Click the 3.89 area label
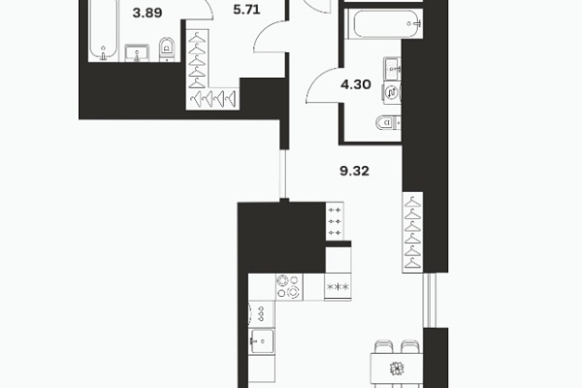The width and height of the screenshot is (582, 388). (x=147, y=13)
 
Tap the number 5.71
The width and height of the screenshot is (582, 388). (x=246, y=10)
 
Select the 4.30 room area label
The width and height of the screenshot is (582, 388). (x=356, y=84)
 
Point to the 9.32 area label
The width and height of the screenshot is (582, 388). (x=354, y=171)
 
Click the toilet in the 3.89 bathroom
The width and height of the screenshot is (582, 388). (x=168, y=48)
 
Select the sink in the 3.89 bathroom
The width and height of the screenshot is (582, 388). (x=137, y=52)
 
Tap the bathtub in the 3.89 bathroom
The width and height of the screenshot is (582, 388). (x=104, y=30)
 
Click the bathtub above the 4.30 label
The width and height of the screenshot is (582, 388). (x=383, y=23)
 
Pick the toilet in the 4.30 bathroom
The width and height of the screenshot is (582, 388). (x=389, y=122)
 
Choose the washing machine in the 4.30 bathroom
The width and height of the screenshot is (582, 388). (x=392, y=92)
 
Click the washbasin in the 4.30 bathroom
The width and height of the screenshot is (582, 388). (x=392, y=69)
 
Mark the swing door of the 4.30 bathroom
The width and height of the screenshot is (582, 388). (x=322, y=85)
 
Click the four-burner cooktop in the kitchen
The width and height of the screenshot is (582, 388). (x=289, y=287)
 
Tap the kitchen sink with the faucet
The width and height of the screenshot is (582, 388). (x=262, y=340)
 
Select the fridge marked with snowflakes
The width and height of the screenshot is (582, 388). (x=338, y=286)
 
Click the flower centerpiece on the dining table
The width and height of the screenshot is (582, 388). (x=397, y=369)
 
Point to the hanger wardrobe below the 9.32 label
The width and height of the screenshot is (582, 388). (x=413, y=233)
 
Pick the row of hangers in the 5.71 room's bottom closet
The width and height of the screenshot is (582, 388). (x=212, y=99)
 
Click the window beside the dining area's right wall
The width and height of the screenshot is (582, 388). (x=430, y=300)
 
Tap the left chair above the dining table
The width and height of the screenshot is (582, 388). (x=384, y=346)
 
